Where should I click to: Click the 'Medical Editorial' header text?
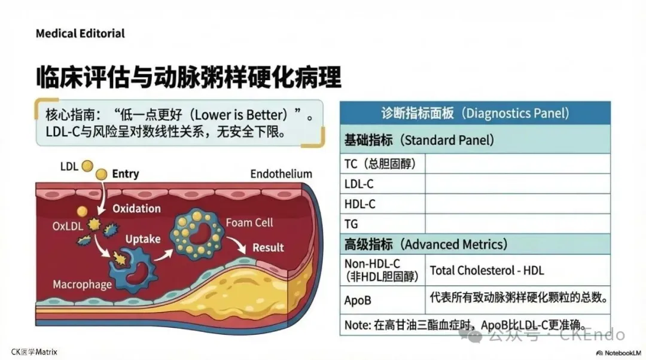pos(80,33)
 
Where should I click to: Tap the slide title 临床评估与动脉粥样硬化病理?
pos(188,78)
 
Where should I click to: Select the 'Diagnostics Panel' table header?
pos(475,112)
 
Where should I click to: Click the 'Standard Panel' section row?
pos(419,141)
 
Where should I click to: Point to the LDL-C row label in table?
pos(359,184)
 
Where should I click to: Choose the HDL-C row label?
pos(360,204)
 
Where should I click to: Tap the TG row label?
pos(352,224)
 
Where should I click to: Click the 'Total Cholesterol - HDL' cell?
pos(487,270)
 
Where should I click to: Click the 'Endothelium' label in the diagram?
pos(281,174)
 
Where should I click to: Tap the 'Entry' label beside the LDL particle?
pos(125,174)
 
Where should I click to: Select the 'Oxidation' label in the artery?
pos(137,209)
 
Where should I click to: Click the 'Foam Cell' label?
pos(249,222)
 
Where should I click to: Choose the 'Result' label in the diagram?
pos(268,248)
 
